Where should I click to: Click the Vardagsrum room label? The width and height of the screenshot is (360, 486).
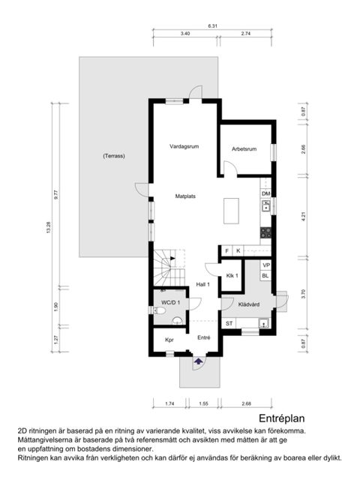(x=182, y=146)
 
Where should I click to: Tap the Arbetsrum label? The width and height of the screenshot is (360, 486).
(x=244, y=149)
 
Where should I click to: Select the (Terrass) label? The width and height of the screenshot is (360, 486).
(x=114, y=156)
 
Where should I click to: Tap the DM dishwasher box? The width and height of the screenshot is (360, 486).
(x=265, y=193)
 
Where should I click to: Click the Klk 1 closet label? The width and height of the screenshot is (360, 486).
(x=232, y=275)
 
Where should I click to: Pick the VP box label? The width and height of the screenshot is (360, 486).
(x=265, y=265)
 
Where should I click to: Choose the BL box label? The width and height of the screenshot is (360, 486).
(x=265, y=275)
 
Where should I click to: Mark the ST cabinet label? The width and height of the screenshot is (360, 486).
(x=229, y=322)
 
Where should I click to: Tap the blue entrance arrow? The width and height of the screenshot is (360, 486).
(x=198, y=362)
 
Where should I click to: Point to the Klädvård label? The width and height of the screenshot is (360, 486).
(x=248, y=304)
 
